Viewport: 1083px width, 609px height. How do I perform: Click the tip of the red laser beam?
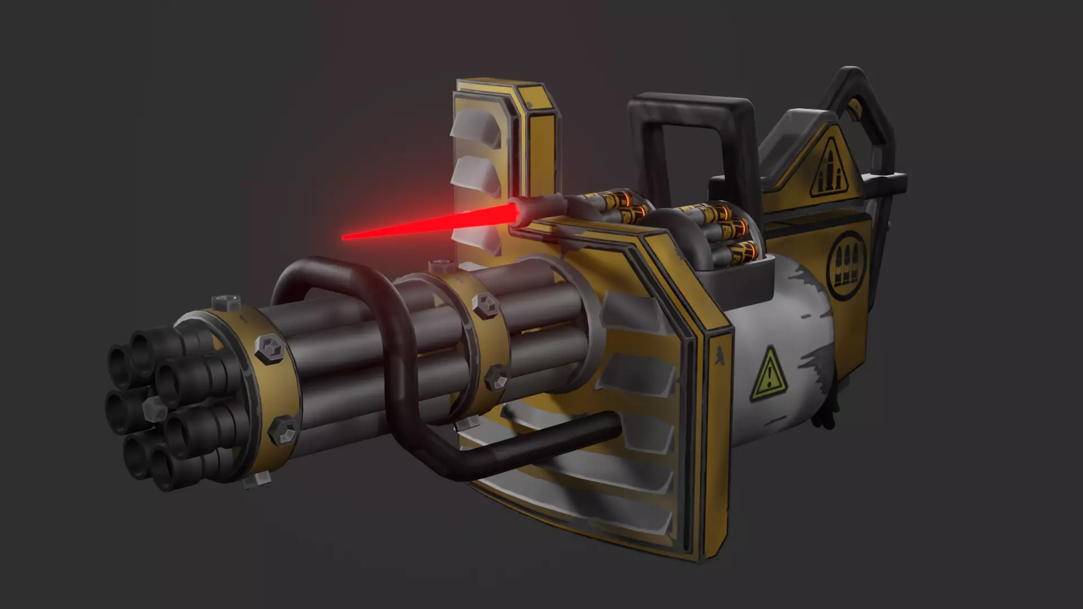344,237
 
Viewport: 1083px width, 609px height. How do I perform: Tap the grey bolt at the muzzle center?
151,407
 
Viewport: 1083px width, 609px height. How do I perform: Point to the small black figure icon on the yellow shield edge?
720,354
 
